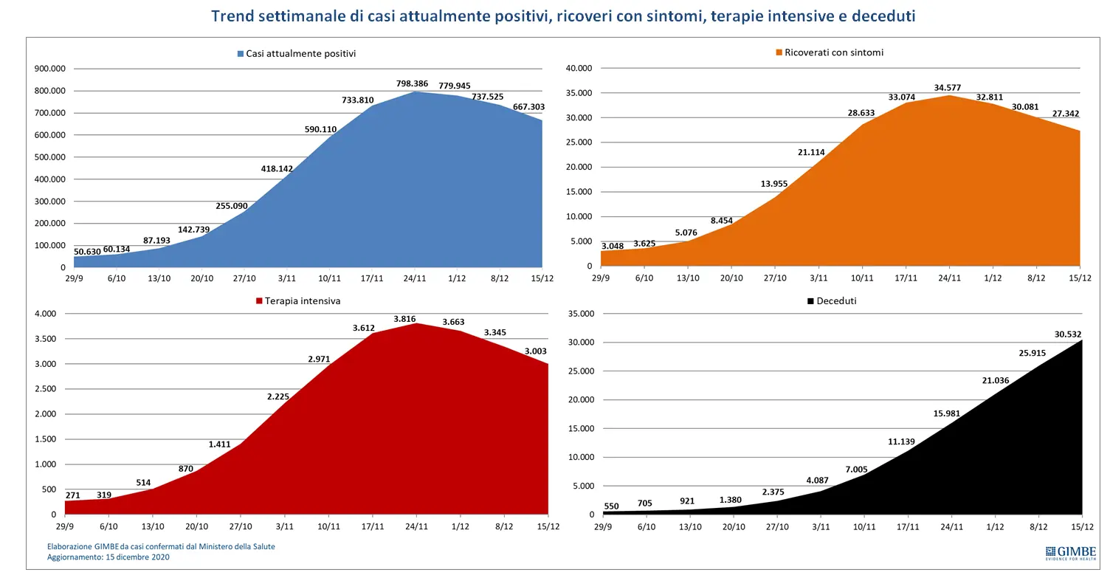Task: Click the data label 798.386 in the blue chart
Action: click(412, 83)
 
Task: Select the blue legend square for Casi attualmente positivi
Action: click(241, 54)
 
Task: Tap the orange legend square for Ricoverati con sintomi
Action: click(779, 52)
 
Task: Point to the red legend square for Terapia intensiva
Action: click(258, 301)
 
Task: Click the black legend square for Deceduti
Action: click(810, 301)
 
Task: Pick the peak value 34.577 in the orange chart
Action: click(948, 88)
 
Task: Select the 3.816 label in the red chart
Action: click(405, 319)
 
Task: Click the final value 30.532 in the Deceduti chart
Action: click(1068, 334)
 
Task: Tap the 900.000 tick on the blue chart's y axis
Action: click(49, 69)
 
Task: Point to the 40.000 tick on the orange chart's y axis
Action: click(579, 68)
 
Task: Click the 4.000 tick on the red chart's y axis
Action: click(46, 313)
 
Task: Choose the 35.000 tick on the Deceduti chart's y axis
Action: click(582, 313)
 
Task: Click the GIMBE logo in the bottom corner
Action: click(1070, 553)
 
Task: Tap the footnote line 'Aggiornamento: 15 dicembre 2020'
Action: click(108, 557)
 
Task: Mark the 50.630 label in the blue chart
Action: click(87, 252)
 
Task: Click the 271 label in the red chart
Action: click(72, 495)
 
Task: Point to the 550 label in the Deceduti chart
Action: click(612, 506)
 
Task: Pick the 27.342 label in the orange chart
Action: click(1066, 114)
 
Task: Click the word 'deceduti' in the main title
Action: click(883, 16)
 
